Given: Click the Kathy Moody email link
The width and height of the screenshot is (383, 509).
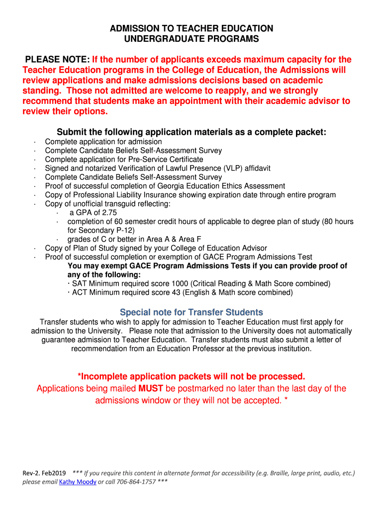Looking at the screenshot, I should [x=78, y=482].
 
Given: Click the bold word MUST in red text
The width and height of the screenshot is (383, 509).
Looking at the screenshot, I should [x=152, y=388].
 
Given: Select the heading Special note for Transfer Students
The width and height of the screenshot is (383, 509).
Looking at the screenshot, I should [x=191, y=312].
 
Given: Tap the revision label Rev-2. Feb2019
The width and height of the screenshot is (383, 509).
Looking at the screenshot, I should [x=44, y=473].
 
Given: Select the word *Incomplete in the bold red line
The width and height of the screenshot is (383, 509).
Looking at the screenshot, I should [x=103, y=376].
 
